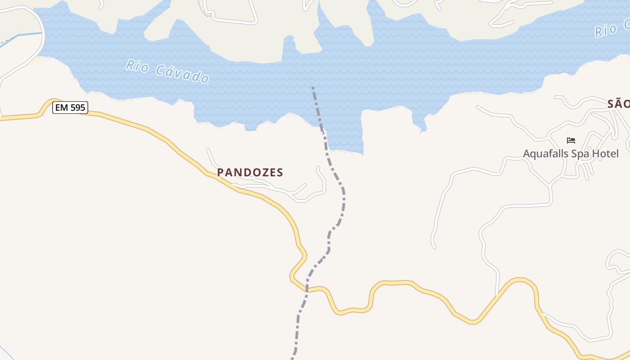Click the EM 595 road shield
point(70,108)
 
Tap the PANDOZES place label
point(250,172)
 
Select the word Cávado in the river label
point(183,74)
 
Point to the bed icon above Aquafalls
point(571,140)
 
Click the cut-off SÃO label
point(618,104)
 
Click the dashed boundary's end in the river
point(312,87)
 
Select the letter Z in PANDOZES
point(264,172)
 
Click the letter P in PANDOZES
point(220,172)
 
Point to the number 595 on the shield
point(76,108)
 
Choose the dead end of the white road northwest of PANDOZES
point(207,149)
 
